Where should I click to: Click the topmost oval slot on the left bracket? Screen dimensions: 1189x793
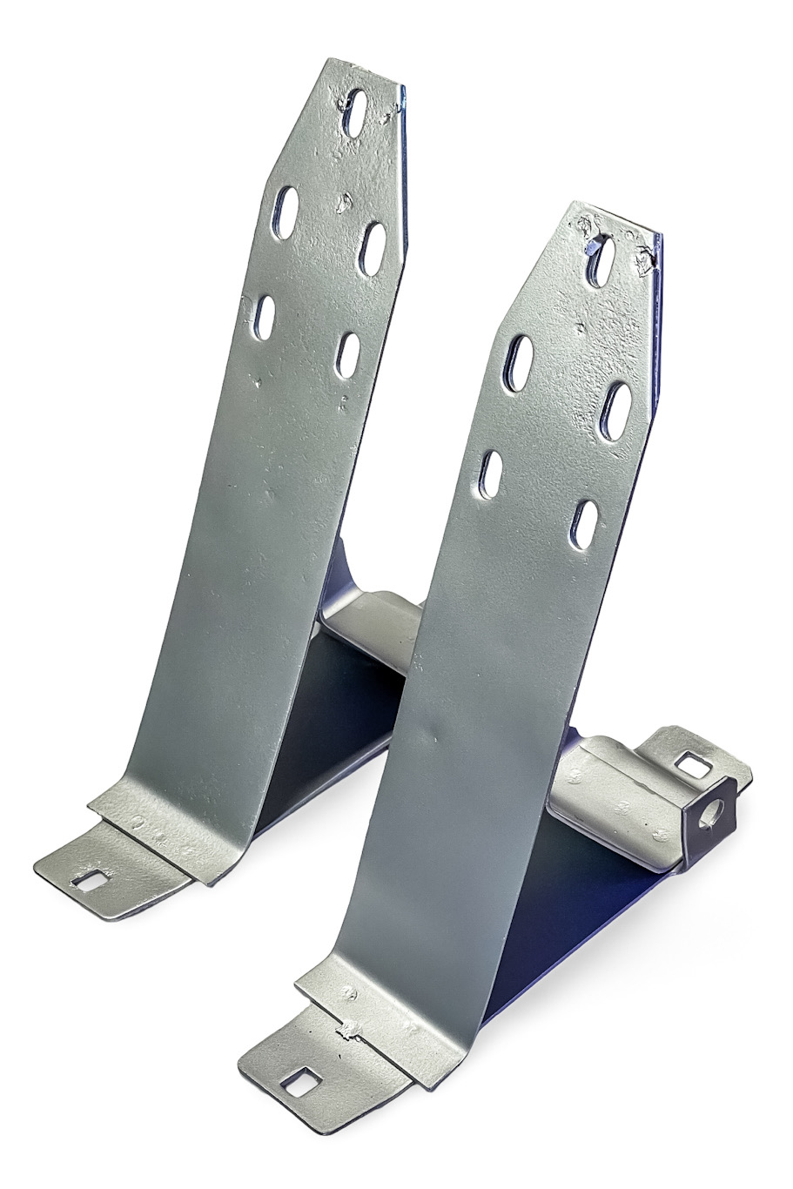tap(354, 111)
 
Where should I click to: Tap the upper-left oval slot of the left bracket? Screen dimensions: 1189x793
tap(285, 211)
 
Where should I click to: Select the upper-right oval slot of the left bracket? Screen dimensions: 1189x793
tap(372, 248)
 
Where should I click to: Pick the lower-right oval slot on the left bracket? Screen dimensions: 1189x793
tap(347, 355)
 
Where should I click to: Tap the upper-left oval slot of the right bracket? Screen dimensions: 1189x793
tap(518, 362)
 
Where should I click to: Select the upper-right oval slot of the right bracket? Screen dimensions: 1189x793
tap(618, 407)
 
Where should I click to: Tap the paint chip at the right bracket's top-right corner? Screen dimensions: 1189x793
tap(646, 258)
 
